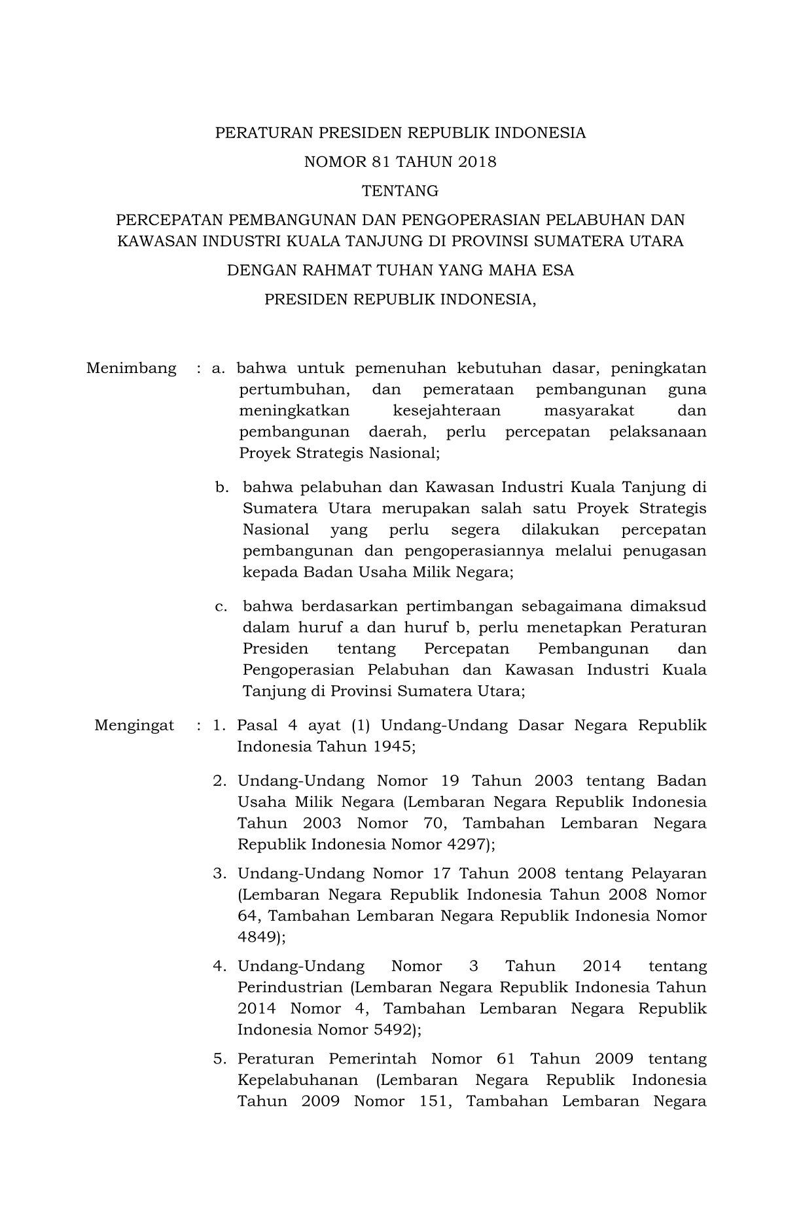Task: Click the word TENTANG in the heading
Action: pos(400,191)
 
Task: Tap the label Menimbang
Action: pos(131,368)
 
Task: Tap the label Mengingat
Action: pos(134,725)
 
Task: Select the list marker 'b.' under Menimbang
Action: pos(222,488)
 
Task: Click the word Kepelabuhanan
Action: pos(298,1080)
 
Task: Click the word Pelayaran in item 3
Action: pos(669,874)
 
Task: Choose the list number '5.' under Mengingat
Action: pos(220,1059)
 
